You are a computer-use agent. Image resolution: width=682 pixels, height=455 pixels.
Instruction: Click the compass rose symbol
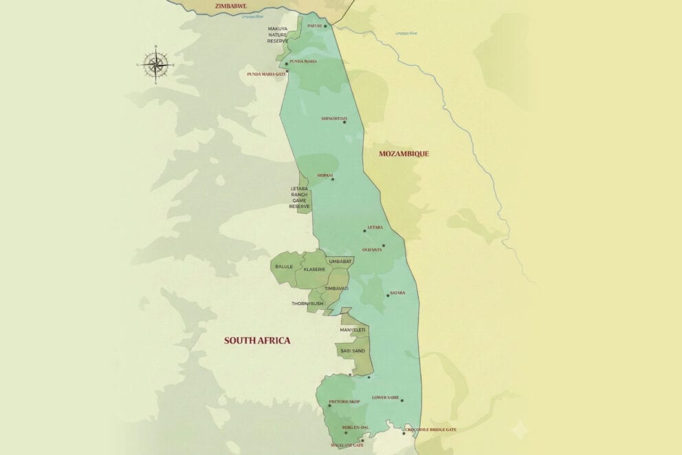[156, 65]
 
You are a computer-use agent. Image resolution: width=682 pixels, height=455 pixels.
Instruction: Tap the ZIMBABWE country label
[230, 6]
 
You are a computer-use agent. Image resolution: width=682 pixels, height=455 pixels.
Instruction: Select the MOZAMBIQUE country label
[404, 154]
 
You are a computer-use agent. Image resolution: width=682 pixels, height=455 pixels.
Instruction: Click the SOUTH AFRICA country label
[257, 340]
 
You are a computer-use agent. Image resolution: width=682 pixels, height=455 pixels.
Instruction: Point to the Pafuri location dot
[326, 27]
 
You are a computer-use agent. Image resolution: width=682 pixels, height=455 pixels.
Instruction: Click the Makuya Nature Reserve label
[278, 35]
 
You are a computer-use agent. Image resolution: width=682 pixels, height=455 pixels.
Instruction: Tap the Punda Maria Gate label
[266, 74]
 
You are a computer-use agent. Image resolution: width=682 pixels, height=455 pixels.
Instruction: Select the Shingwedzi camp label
[333, 118]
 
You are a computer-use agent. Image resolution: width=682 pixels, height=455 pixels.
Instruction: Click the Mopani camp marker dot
[333, 179]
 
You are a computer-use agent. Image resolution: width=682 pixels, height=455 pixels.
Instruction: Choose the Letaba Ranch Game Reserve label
[300, 197]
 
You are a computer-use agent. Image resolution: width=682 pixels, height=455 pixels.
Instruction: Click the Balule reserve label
[284, 266]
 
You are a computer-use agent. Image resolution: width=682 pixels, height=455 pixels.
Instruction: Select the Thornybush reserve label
[307, 304]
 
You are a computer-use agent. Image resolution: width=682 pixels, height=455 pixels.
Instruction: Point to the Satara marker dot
[388, 295]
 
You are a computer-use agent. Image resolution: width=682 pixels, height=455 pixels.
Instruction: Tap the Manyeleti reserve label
[353, 330]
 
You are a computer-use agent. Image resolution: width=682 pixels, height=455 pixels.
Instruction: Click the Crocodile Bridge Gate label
[431, 430]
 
